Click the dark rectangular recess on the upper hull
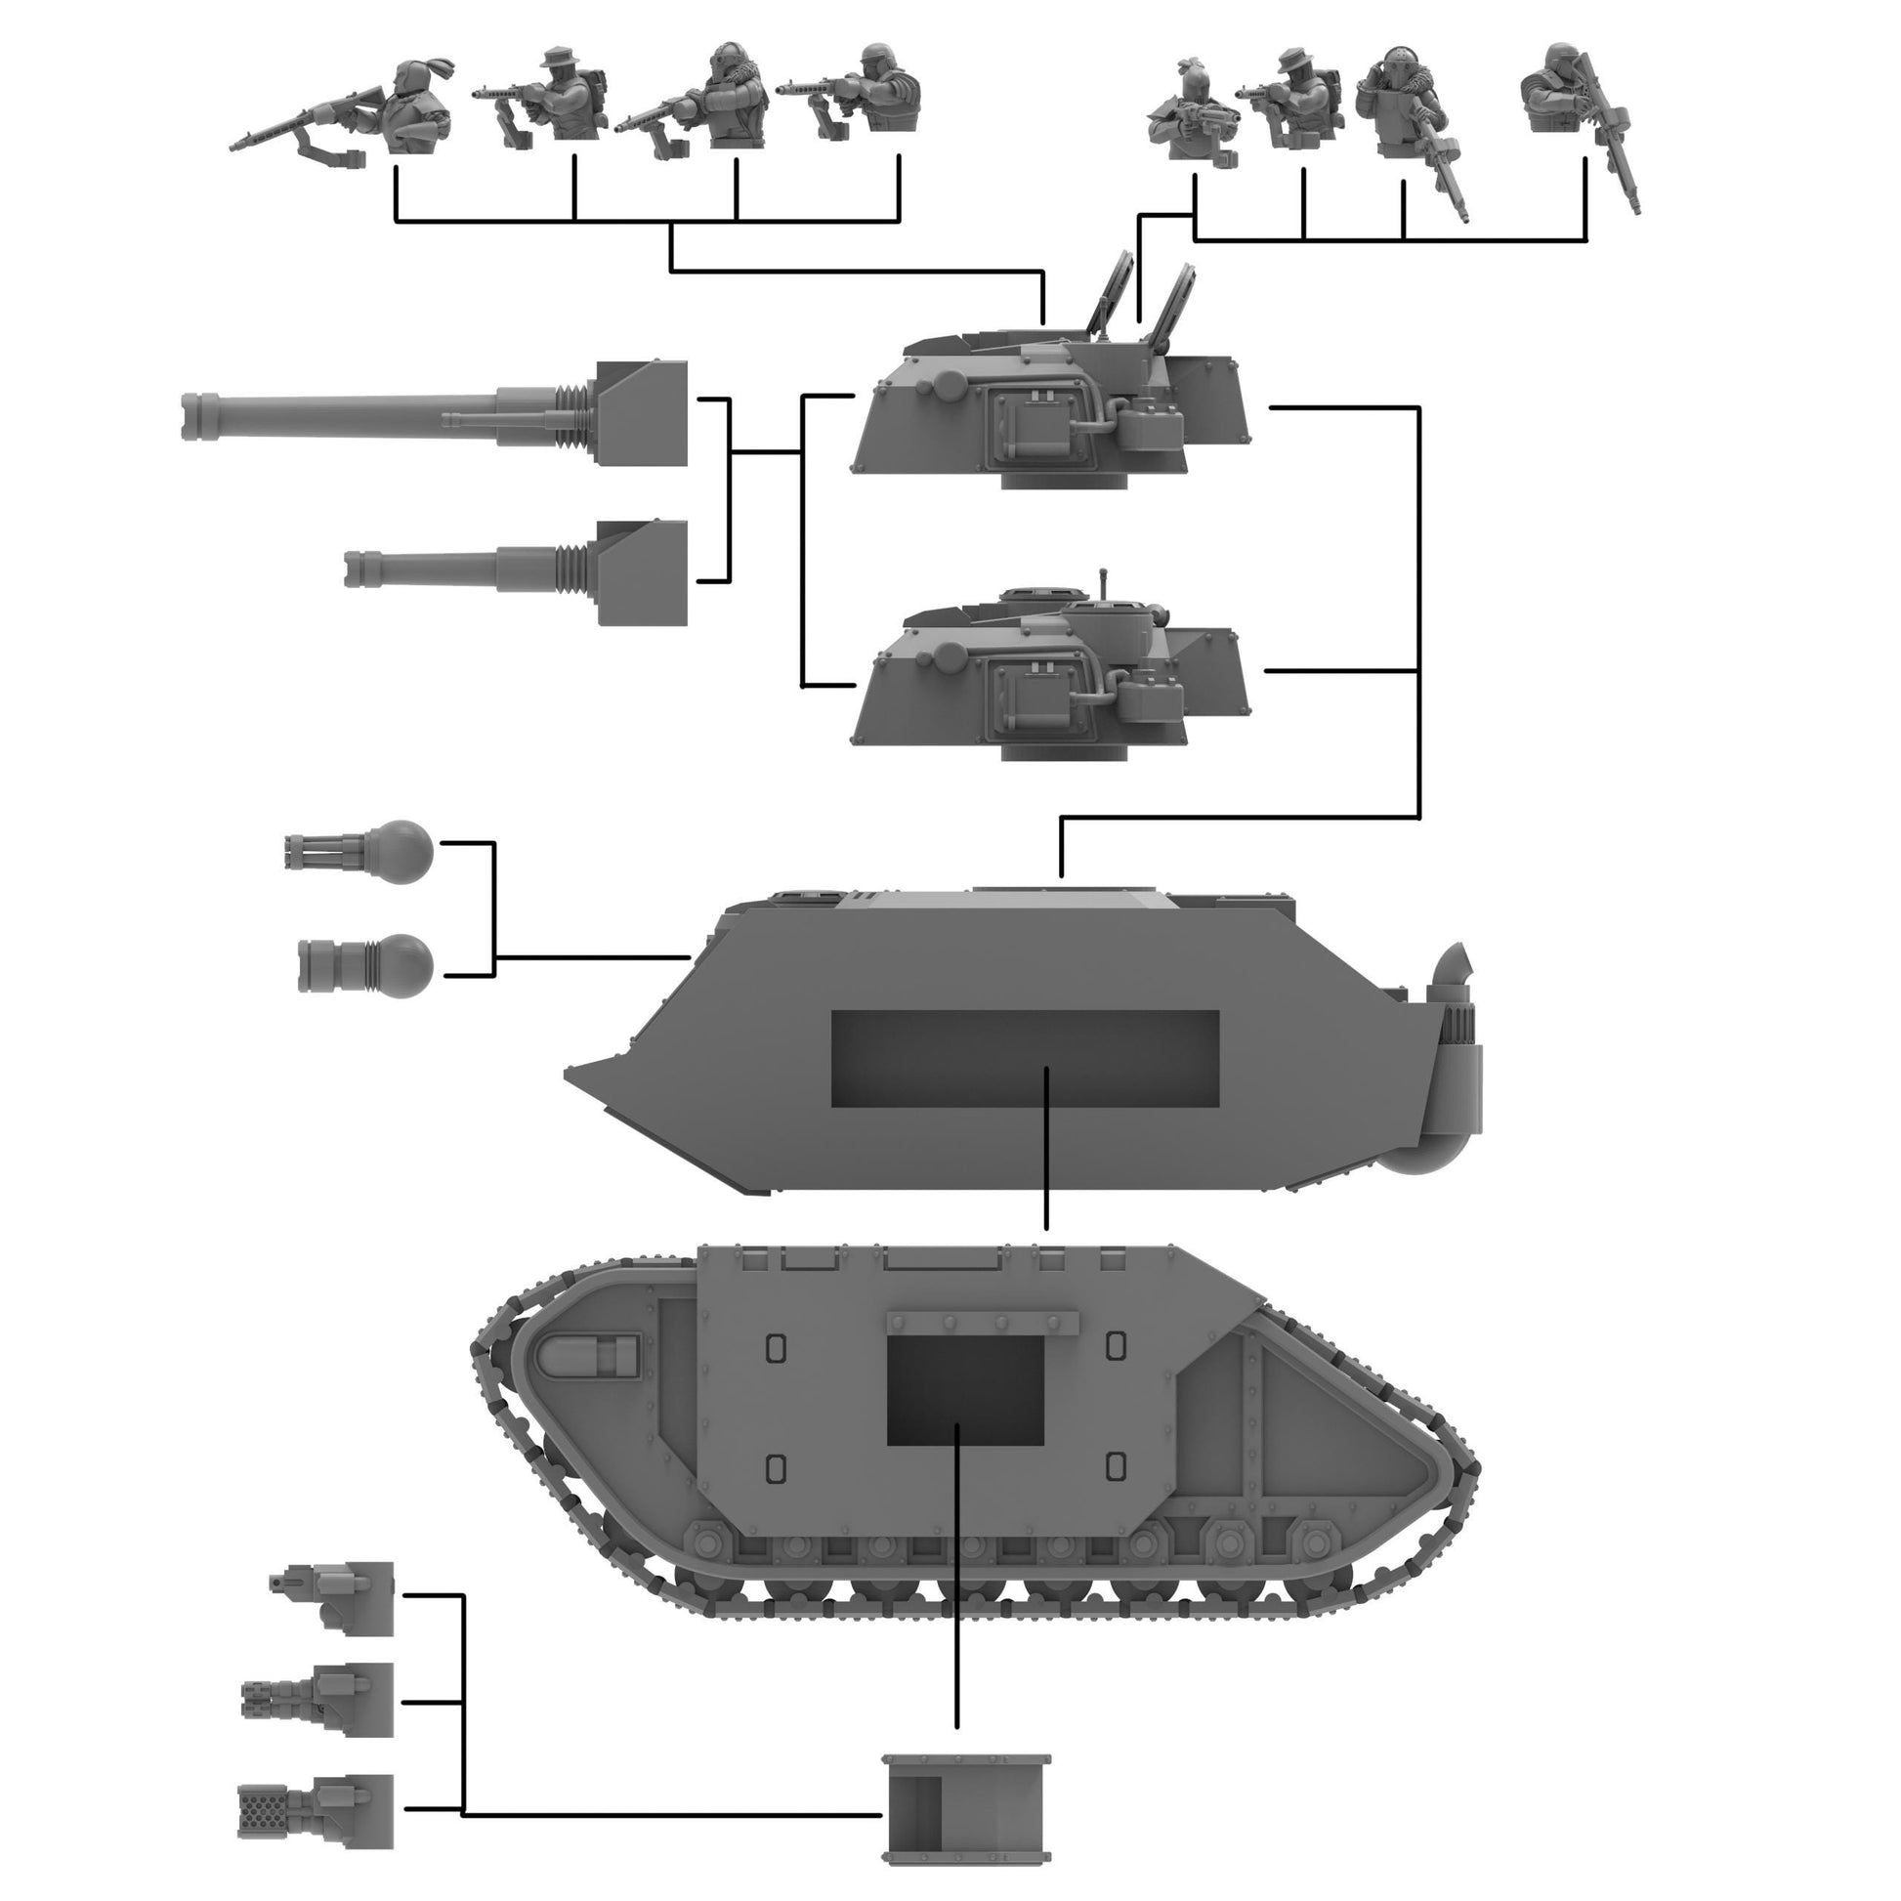point(1025,1058)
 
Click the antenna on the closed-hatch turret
point(1104,581)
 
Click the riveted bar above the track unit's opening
point(982,1324)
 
